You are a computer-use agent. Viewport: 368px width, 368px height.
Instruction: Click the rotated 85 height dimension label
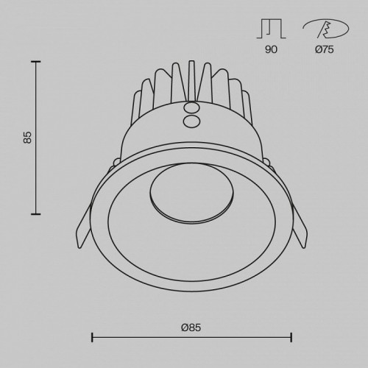pos(28,137)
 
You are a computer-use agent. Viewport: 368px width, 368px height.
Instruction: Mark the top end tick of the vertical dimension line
pos(35,62)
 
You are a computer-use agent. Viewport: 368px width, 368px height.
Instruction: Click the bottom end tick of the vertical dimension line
pos(35,213)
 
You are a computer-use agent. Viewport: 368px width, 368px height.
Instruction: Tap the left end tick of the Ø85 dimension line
pos(91,338)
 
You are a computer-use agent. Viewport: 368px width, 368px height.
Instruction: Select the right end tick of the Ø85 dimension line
pos(292,338)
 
